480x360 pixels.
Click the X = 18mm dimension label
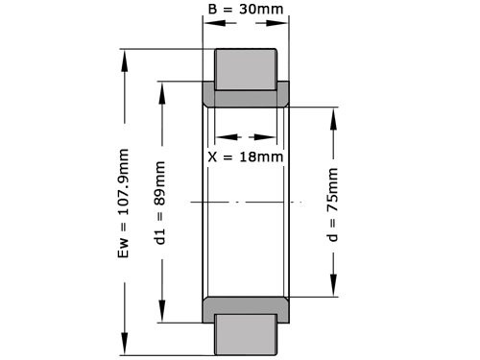pos(247,156)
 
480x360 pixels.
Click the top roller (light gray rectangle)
pos(246,67)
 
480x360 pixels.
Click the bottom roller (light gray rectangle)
pos(246,335)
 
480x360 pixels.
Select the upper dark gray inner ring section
pos(247,97)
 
